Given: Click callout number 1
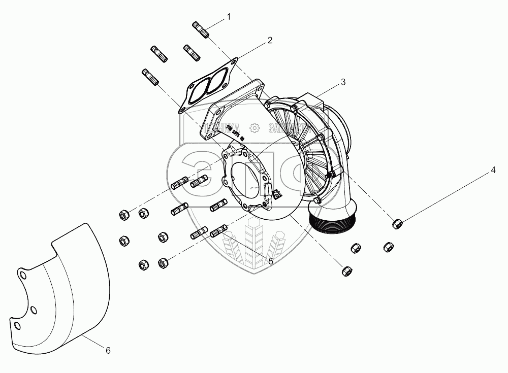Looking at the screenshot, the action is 229,17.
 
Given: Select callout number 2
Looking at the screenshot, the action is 270,40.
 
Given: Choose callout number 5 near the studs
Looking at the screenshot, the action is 270,261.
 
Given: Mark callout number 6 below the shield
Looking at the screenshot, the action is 108,350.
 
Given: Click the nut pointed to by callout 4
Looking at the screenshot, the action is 397,223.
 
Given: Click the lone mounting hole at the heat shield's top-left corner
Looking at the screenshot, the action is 21,275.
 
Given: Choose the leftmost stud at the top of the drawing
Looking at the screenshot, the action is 150,77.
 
